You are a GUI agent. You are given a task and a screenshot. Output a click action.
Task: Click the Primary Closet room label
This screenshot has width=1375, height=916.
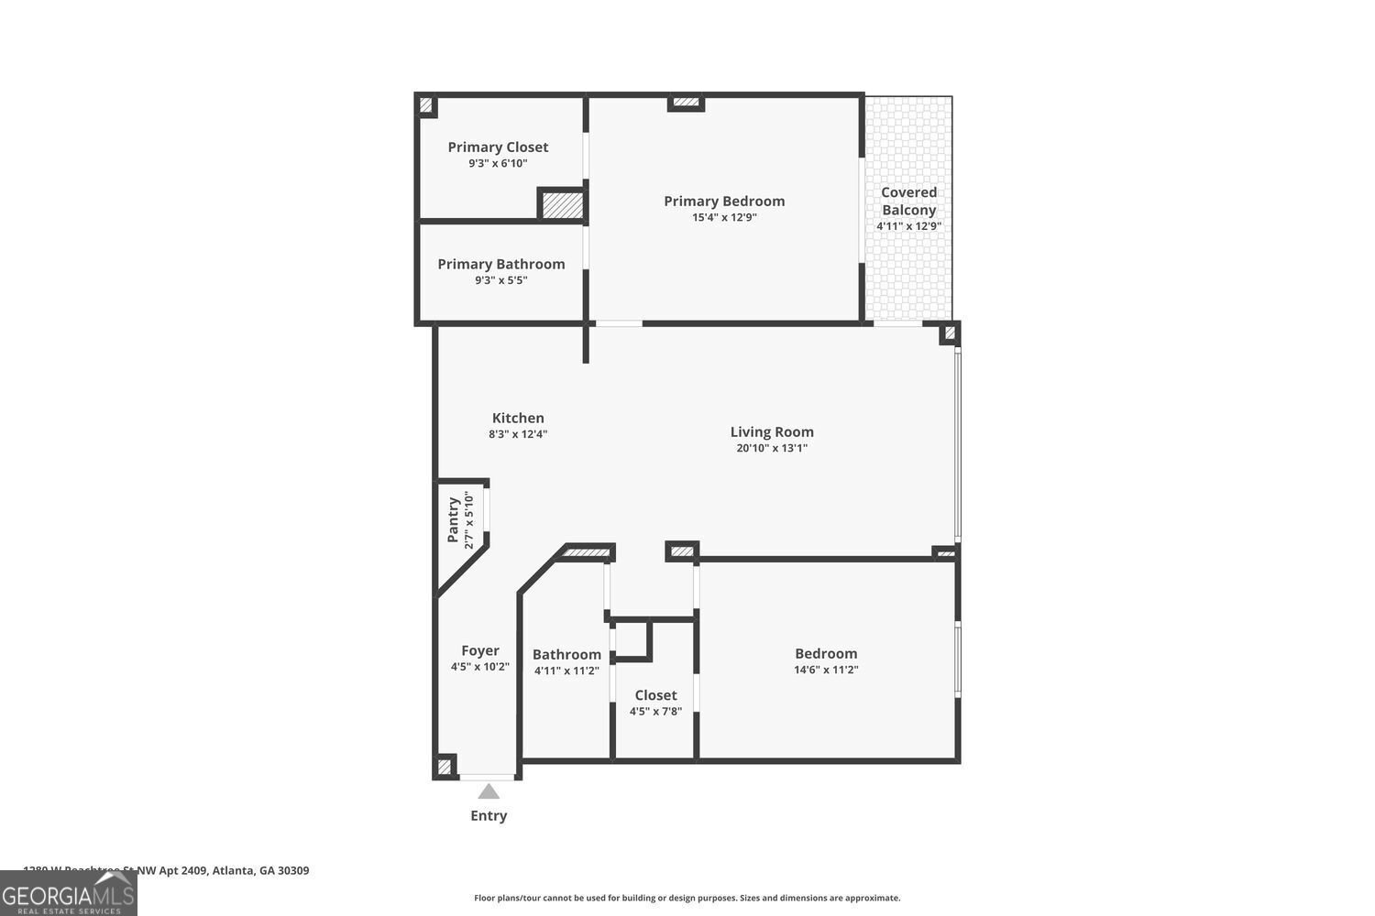point(498,147)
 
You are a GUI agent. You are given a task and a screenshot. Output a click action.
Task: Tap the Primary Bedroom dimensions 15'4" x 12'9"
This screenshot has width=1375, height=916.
point(724,218)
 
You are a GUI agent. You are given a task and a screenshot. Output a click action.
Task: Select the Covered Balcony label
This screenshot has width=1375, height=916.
point(908,201)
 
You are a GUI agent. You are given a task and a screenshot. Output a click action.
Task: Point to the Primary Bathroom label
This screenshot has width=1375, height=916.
point(500,264)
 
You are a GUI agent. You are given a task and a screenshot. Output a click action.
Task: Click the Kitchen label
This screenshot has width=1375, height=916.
point(518,418)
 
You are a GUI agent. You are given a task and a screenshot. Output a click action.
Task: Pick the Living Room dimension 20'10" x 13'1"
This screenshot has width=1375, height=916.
point(772,449)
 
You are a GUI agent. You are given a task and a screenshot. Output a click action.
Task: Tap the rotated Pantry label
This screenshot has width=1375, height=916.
point(453,520)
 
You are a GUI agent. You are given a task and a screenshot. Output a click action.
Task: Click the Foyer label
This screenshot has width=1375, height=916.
point(479,650)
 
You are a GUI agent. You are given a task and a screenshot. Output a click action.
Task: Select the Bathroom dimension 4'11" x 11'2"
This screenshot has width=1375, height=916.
point(566,671)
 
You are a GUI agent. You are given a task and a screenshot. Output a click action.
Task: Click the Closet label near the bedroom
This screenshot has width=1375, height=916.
point(655,695)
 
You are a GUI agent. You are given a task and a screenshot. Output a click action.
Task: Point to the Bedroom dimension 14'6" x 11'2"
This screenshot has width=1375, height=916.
point(826,670)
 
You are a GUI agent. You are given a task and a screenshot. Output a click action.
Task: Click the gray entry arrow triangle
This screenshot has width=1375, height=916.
point(489,791)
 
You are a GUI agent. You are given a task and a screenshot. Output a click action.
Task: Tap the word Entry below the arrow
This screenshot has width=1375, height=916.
point(489,815)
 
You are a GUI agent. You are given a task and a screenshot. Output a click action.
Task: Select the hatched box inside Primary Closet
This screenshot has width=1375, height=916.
point(562,204)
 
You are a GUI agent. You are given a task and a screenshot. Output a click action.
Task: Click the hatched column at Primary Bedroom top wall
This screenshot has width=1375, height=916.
point(685,103)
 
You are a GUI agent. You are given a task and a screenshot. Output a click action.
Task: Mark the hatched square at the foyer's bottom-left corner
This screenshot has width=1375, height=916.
point(445,766)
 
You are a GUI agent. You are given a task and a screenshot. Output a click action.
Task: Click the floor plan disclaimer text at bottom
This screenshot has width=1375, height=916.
point(687,898)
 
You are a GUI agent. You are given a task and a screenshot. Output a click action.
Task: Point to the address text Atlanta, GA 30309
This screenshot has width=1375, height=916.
point(260,870)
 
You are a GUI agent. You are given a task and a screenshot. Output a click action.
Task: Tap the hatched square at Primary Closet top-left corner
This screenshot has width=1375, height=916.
point(426,105)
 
